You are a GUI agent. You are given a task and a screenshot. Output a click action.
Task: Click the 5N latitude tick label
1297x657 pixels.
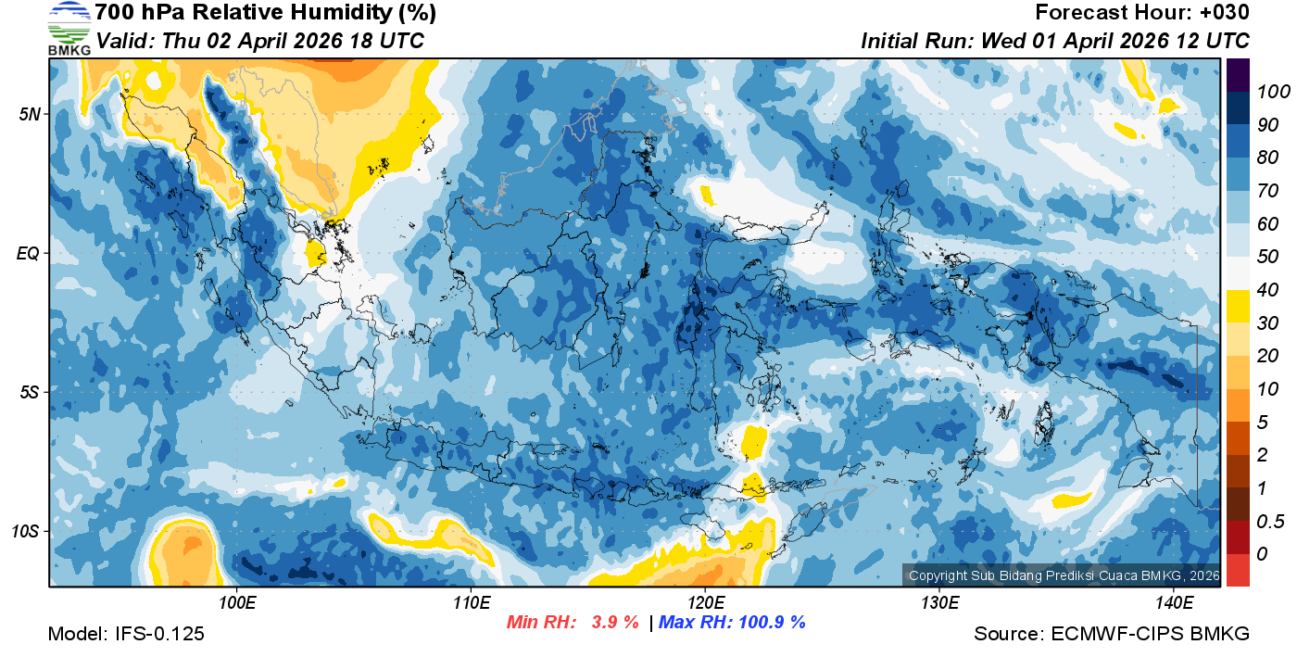point(30,114)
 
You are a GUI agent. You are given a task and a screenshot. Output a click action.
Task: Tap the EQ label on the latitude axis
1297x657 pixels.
point(29,253)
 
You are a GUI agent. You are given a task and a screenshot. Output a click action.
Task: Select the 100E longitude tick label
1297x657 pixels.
point(237,602)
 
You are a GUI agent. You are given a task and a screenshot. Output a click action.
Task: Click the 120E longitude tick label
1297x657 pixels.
point(705,602)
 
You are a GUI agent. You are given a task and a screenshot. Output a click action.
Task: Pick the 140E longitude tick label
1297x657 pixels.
point(1174,602)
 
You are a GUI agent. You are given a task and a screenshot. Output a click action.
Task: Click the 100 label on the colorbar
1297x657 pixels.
point(1267,92)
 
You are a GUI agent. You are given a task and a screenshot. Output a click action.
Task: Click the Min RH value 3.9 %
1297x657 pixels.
point(615,623)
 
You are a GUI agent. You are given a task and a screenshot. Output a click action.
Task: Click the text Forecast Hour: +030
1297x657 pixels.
point(1142,13)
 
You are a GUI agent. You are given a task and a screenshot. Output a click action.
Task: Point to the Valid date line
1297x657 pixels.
point(260,41)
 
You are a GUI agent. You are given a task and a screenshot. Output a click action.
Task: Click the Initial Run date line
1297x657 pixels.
point(1055,41)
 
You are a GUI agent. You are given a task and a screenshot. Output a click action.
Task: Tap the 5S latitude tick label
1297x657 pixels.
point(30,392)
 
